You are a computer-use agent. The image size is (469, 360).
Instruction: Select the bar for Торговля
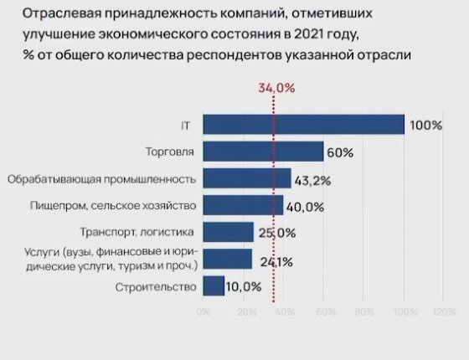[x=263, y=152]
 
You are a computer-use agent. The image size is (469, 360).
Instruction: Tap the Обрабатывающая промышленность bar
[x=246, y=178]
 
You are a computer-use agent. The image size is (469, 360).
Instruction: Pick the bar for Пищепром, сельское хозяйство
[x=243, y=205]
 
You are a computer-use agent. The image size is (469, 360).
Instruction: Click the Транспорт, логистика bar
[x=228, y=232]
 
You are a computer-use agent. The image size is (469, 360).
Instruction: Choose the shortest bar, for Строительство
[x=214, y=285]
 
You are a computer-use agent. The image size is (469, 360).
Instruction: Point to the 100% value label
[x=425, y=126]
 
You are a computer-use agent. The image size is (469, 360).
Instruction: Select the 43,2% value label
[x=313, y=179]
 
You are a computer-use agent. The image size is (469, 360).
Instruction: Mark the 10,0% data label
[x=244, y=286]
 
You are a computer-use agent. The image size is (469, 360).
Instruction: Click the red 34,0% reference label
[x=276, y=88]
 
